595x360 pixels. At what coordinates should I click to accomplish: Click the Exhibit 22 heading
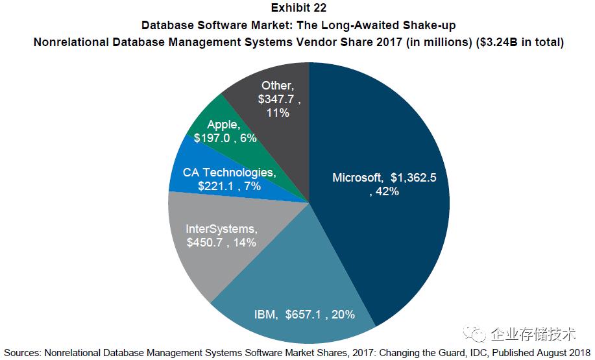pos(298,8)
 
